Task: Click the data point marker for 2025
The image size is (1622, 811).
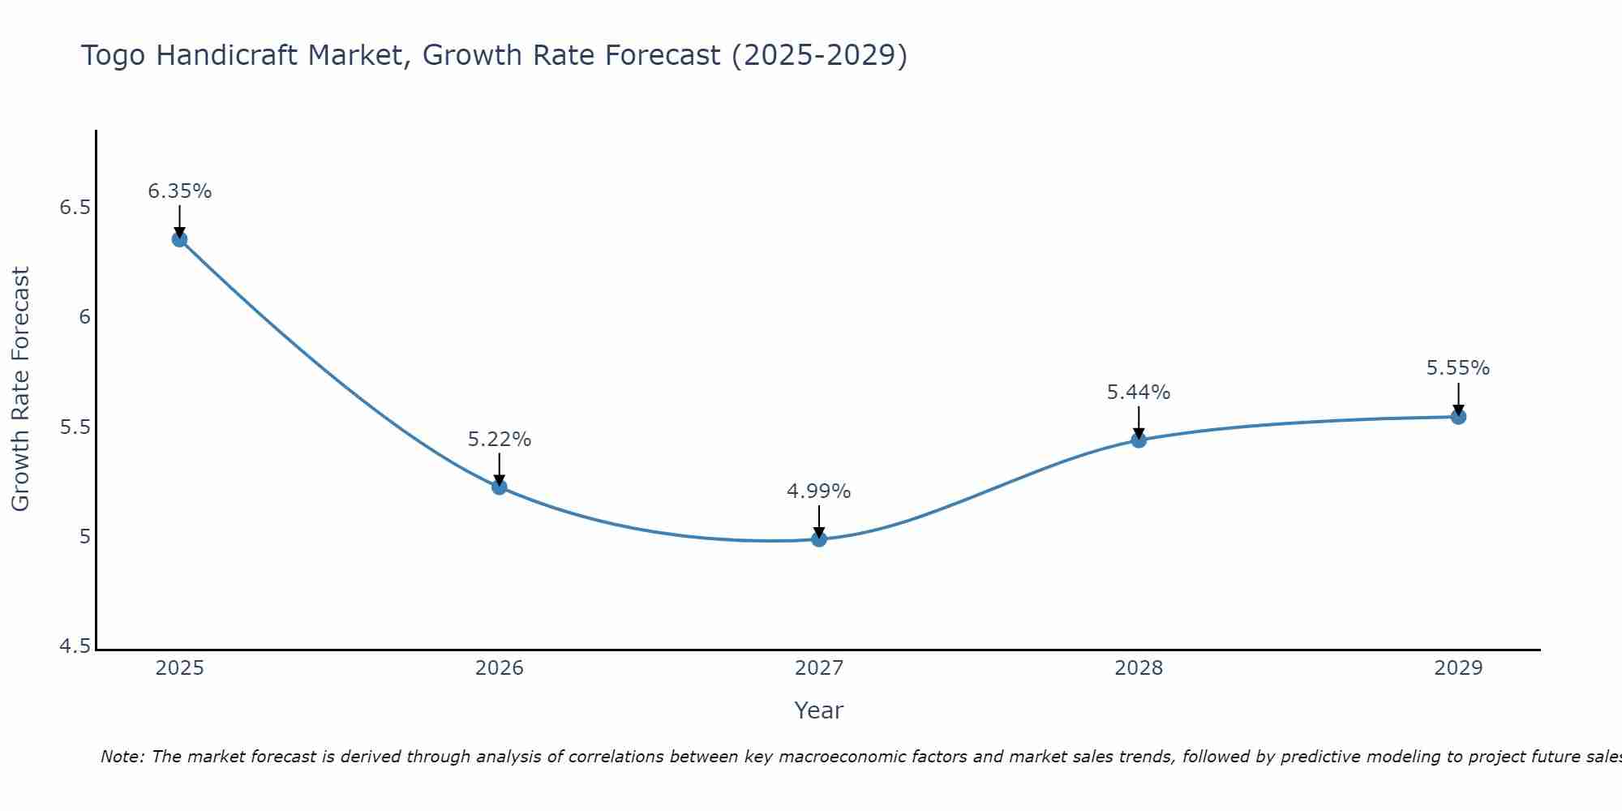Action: [179, 239]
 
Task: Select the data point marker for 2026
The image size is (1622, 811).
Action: [500, 487]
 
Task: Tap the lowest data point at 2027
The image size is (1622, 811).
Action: [819, 539]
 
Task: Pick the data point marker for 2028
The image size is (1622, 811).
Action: [1139, 440]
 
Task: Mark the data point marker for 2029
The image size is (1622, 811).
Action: [1458, 417]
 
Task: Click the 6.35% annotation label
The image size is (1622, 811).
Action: [179, 191]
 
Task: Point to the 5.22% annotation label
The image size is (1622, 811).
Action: [500, 440]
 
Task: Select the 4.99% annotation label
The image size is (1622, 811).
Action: [819, 491]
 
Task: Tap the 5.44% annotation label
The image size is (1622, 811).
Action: [1139, 393]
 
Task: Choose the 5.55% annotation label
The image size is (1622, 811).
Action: [1458, 368]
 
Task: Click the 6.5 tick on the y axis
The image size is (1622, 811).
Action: [75, 208]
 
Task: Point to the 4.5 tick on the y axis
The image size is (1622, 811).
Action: [75, 646]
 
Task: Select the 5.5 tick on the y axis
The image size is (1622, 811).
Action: [75, 427]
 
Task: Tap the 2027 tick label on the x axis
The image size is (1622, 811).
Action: [819, 668]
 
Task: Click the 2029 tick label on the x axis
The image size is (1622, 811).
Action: [1458, 668]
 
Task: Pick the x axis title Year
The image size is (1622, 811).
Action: [819, 710]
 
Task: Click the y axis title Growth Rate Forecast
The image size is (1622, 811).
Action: [21, 388]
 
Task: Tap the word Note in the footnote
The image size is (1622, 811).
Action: [122, 757]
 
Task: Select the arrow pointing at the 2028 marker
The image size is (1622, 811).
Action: [1139, 422]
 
